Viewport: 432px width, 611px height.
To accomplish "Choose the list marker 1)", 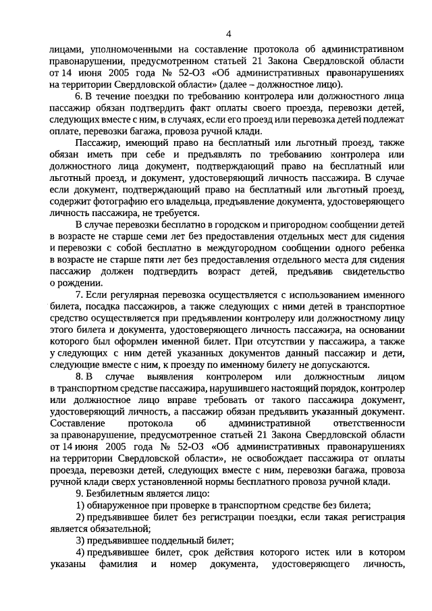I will point(80,505).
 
